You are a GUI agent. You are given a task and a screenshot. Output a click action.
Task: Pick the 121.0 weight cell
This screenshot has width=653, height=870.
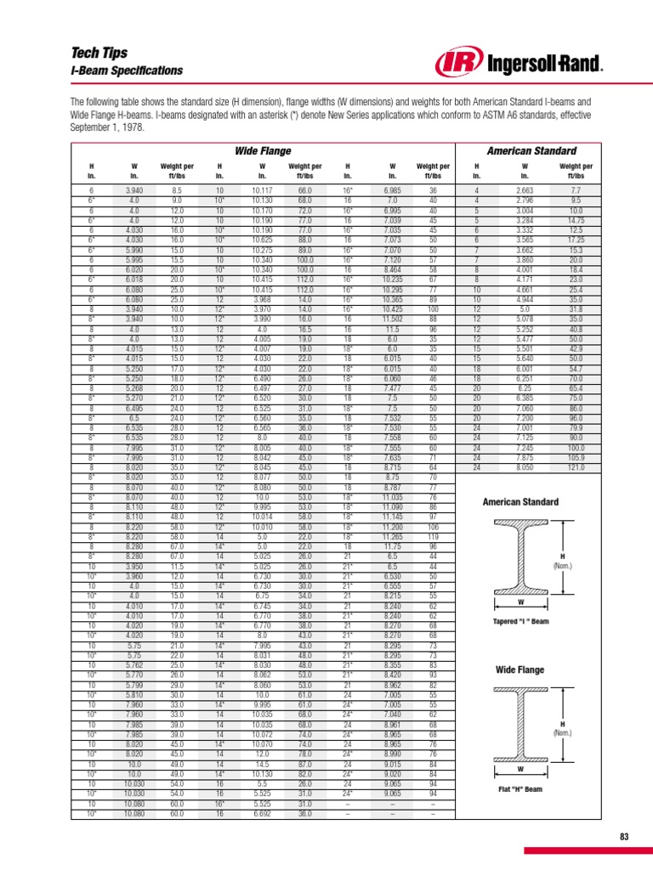click(575, 467)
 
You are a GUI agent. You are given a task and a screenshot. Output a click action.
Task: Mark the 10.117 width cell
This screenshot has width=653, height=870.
click(263, 190)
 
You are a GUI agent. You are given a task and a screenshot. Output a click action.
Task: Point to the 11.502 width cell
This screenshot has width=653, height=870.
click(392, 318)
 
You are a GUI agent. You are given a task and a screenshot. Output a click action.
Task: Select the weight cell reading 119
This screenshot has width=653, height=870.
click(433, 537)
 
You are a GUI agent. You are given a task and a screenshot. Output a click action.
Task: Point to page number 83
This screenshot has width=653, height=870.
click(624, 837)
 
